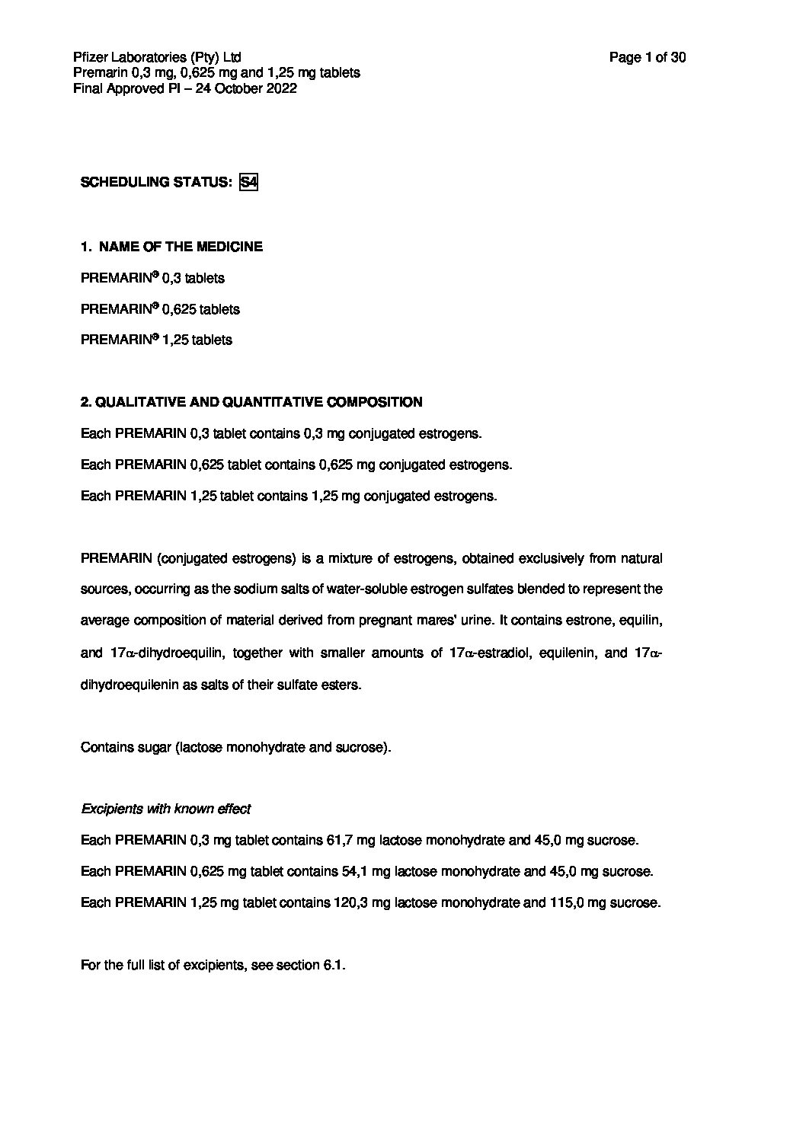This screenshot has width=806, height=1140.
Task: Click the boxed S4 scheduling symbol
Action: [248, 183]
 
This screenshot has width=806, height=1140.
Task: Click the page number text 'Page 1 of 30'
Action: [648, 57]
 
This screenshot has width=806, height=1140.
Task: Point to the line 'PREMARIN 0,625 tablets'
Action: [160, 309]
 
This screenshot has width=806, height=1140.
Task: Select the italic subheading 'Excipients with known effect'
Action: [166, 809]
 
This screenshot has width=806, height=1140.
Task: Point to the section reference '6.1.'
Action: [334, 966]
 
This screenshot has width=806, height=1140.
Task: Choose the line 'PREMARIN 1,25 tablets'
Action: [156, 340]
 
